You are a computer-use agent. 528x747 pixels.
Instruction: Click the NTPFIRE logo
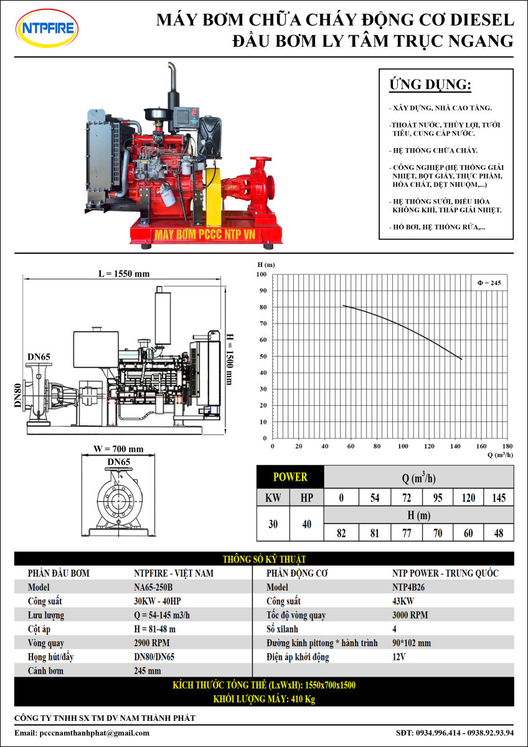(x=47, y=28)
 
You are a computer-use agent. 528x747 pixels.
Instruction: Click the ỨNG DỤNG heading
(x=430, y=85)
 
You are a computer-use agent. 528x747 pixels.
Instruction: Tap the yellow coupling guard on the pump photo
(x=214, y=197)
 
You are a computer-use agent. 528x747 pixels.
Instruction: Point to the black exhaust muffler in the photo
(x=173, y=97)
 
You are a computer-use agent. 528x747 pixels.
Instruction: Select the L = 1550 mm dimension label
(x=124, y=274)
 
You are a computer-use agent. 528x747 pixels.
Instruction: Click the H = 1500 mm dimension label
(x=230, y=359)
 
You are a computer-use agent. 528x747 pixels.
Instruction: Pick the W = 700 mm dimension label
(x=118, y=449)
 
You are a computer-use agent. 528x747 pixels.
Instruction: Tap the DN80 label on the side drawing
(x=18, y=395)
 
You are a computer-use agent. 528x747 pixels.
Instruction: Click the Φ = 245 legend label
(x=489, y=283)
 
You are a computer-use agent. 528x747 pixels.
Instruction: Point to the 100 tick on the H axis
(x=262, y=275)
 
